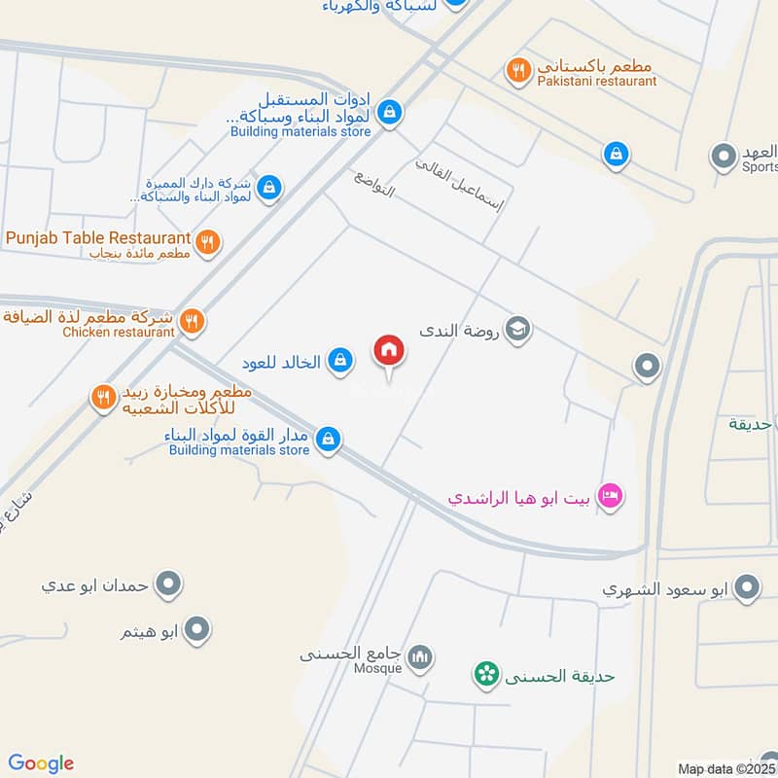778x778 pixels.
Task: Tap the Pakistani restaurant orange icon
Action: pyautogui.click(x=518, y=69)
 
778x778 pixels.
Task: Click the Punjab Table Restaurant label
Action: pyautogui.click(x=97, y=238)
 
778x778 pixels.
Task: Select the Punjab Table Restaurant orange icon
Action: pyautogui.click(x=206, y=241)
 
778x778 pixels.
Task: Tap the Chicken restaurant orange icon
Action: pyautogui.click(x=193, y=320)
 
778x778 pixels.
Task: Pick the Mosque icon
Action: pyautogui.click(x=420, y=658)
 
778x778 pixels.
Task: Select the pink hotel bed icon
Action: pyautogui.click(x=611, y=496)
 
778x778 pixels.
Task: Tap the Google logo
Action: pyautogui.click(x=41, y=763)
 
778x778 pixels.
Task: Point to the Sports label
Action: pyautogui.click(x=760, y=167)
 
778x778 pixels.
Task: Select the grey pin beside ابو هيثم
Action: pyautogui.click(x=198, y=629)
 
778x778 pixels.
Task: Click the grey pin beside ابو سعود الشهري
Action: pyautogui.click(x=747, y=587)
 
